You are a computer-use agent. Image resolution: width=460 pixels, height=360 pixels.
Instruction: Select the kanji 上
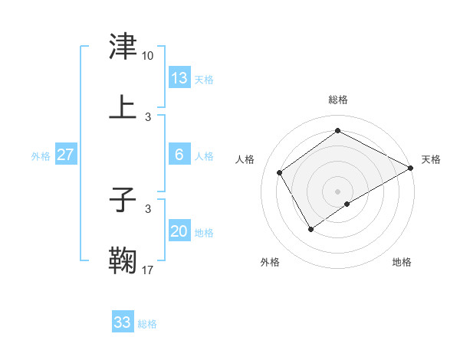point(123,107)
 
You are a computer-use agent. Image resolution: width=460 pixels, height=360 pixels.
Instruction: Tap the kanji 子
point(123,201)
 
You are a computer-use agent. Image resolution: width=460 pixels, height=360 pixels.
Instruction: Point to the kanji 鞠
point(123,260)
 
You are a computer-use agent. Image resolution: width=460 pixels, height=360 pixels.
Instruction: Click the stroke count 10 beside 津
point(148,56)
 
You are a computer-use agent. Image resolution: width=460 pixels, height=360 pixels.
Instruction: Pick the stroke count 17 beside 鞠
point(148,270)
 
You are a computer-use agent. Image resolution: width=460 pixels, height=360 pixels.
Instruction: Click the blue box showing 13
point(179,77)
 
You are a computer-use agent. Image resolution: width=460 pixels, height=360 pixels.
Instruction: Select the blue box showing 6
point(179,155)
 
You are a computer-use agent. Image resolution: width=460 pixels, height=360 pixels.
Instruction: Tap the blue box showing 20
point(179,231)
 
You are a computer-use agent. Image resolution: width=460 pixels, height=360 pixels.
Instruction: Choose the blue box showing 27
point(65,155)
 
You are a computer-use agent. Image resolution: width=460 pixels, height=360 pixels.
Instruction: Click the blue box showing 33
point(123,322)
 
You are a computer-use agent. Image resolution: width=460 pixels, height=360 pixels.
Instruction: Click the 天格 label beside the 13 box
point(203,79)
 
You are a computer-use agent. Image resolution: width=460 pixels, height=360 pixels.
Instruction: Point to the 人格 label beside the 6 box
point(203,156)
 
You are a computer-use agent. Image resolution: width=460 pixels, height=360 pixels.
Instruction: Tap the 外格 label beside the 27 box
point(41,156)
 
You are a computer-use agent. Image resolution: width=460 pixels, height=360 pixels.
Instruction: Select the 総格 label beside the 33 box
point(147,324)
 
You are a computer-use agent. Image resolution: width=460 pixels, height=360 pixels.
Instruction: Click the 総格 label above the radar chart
point(337,100)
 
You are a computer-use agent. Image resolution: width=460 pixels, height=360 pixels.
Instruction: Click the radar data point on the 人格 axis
point(280,172)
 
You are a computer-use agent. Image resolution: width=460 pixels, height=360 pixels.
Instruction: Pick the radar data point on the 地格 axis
point(347,204)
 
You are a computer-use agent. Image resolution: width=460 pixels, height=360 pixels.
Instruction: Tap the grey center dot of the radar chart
point(337,191)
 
